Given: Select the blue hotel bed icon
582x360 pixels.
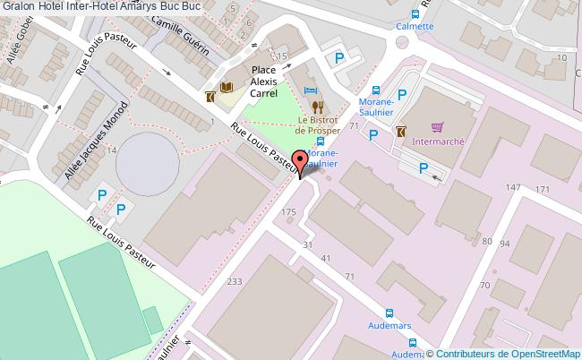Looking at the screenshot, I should tap(310, 90).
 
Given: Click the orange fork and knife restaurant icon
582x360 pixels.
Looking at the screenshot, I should tap(317, 106).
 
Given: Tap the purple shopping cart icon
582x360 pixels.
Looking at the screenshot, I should tap(437, 127).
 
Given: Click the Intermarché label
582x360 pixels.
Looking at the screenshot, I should tap(438, 141).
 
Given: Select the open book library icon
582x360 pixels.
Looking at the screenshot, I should tap(226, 87).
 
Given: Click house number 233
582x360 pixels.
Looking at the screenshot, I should tap(235, 282).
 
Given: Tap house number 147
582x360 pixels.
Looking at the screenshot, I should tap(513, 187).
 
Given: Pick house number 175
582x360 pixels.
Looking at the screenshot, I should tap(288, 211).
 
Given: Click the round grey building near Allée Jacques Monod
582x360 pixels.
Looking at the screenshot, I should tap(146, 161).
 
